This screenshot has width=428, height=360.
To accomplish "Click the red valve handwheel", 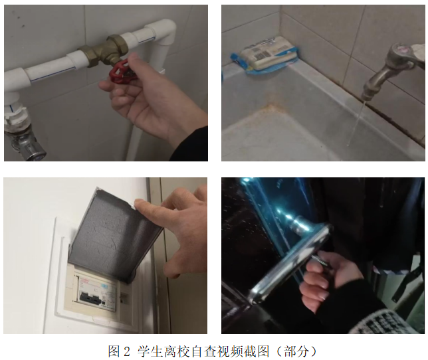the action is (122, 72).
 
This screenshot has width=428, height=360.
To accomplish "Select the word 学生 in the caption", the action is (151, 351).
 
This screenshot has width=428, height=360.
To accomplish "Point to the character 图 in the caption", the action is (114, 351).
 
